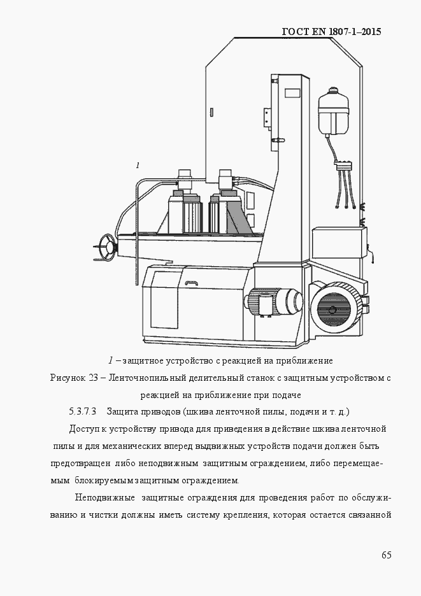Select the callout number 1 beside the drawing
[138, 165]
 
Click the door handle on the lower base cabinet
[190, 283]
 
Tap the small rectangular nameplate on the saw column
[292, 93]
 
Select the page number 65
[386, 555]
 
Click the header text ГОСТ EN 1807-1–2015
[331, 31]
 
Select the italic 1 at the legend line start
[110, 361]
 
